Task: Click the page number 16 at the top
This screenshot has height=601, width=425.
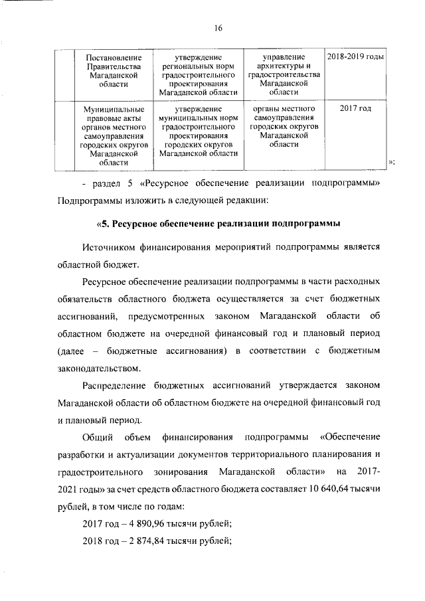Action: click(x=217, y=28)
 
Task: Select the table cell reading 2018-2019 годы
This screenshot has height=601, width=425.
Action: click(x=356, y=58)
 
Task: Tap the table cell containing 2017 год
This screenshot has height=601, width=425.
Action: click(x=356, y=108)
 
